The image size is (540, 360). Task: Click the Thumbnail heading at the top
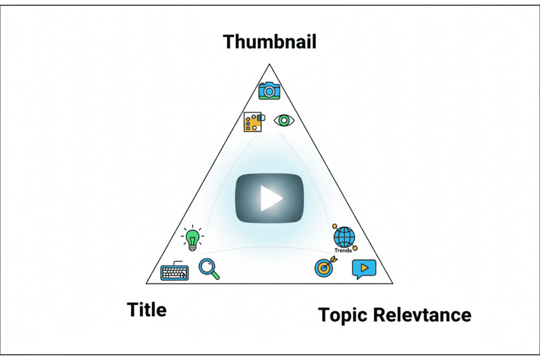pyautogui.click(x=269, y=41)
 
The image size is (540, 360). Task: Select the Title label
pyautogui.click(x=147, y=310)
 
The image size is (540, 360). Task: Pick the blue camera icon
pyautogui.click(x=269, y=91)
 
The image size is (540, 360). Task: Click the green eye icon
pyautogui.click(x=284, y=121)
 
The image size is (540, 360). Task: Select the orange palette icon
pyautogui.click(x=254, y=121)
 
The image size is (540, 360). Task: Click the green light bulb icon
pyautogui.click(x=192, y=238)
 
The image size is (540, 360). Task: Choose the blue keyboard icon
pyautogui.click(x=175, y=271)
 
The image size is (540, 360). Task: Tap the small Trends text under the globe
pyautogui.click(x=343, y=250)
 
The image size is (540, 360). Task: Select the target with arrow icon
pyautogui.click(x=323, y=267)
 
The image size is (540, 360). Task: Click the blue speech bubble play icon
pyautogui.click(x=364, y=269)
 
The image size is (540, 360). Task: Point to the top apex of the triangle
pyautogui.click(x=269, y=64)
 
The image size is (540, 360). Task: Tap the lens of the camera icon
pyautogui.click(x=269, y=92)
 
